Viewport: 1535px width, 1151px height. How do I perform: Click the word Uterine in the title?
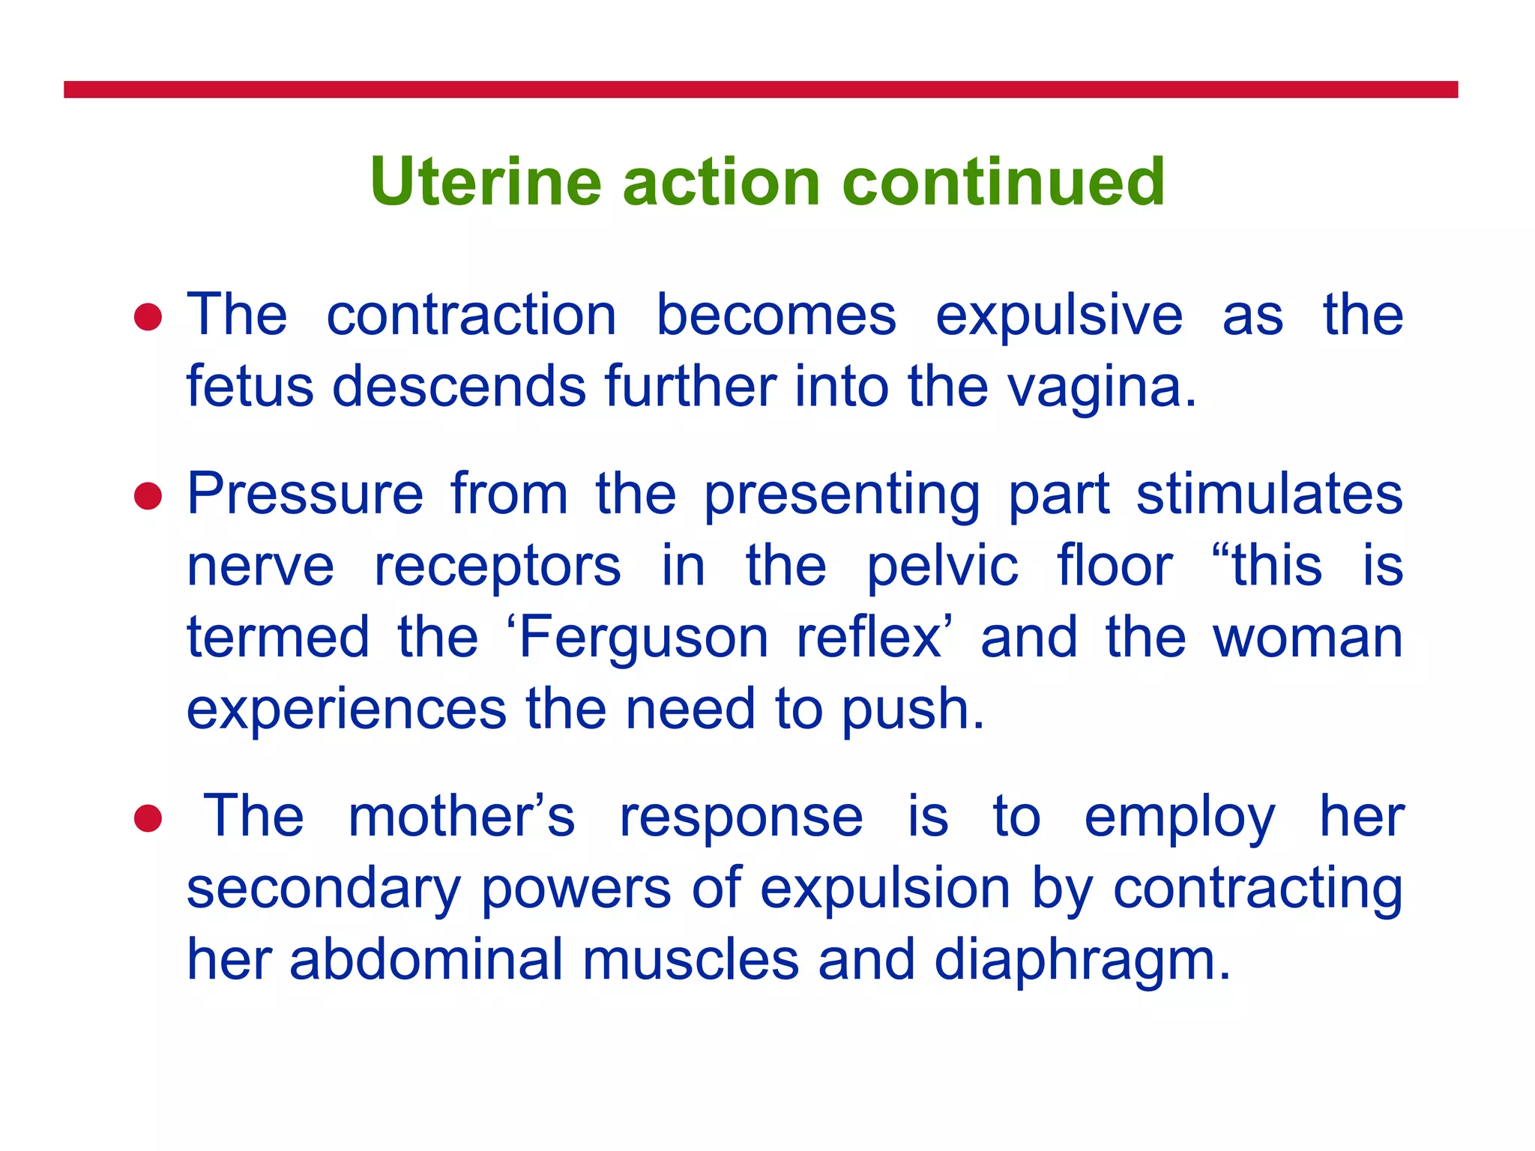(x=486, y=182)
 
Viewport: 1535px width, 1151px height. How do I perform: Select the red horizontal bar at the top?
(x=760, y=90)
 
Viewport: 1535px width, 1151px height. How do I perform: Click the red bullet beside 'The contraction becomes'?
(x=148, y=317)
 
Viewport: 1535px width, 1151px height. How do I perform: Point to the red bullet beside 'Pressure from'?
(x=148, y=496)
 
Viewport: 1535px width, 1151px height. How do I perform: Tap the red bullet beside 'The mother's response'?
(x=148, y=818)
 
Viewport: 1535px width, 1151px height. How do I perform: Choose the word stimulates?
(x=1269, y=495)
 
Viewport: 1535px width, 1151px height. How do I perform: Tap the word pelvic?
(x=942, y=567)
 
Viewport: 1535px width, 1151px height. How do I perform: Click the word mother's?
(x=461, y=817)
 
